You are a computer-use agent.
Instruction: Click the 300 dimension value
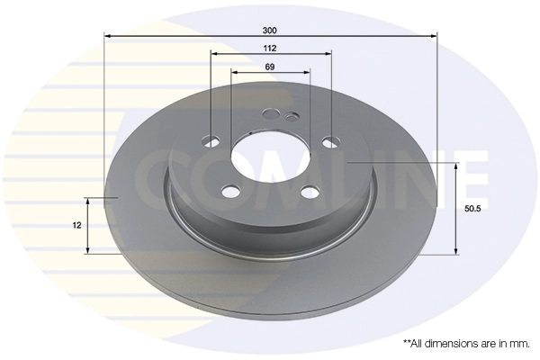click(x=270, y=29)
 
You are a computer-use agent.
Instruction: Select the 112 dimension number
click(x=270, y=48)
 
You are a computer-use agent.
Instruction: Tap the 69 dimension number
click(x=270, y=67)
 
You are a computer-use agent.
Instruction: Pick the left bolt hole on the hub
click(x=212, y=140)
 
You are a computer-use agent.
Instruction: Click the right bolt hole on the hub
click(x=329, y=141)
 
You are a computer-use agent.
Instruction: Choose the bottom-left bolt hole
click(x=230, y=190)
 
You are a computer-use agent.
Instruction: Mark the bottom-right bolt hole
click(x=310, y=190)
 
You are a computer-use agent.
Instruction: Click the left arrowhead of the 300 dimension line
click(x=108, y=36)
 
